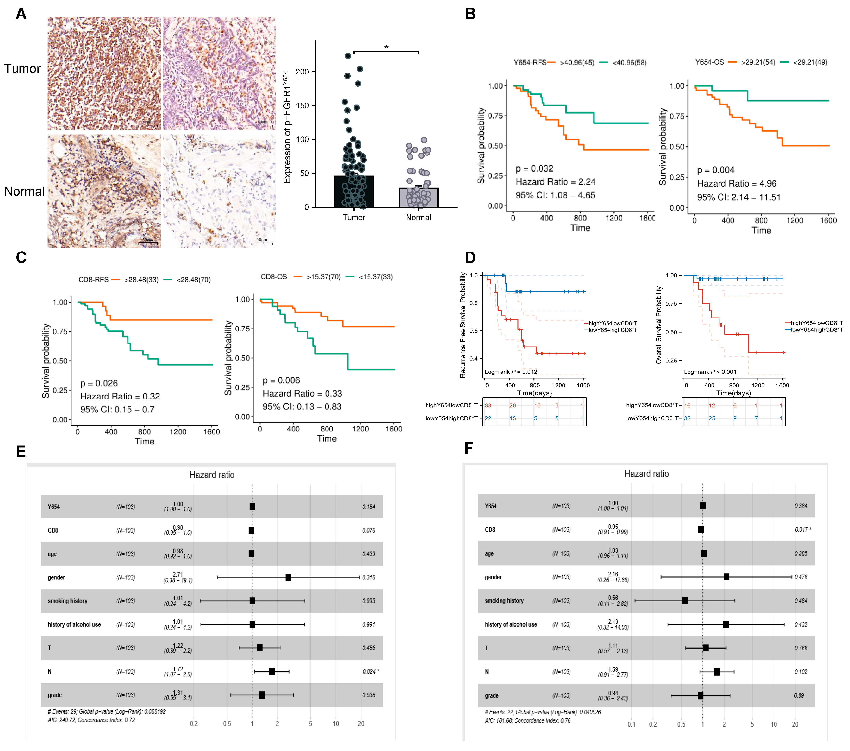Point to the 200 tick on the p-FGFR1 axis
coord(302,72)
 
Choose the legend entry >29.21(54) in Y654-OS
coord(758,62)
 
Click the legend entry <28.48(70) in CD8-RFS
coord(193,279)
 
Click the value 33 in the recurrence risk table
coord(488,405)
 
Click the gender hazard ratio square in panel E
coord(288,577)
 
